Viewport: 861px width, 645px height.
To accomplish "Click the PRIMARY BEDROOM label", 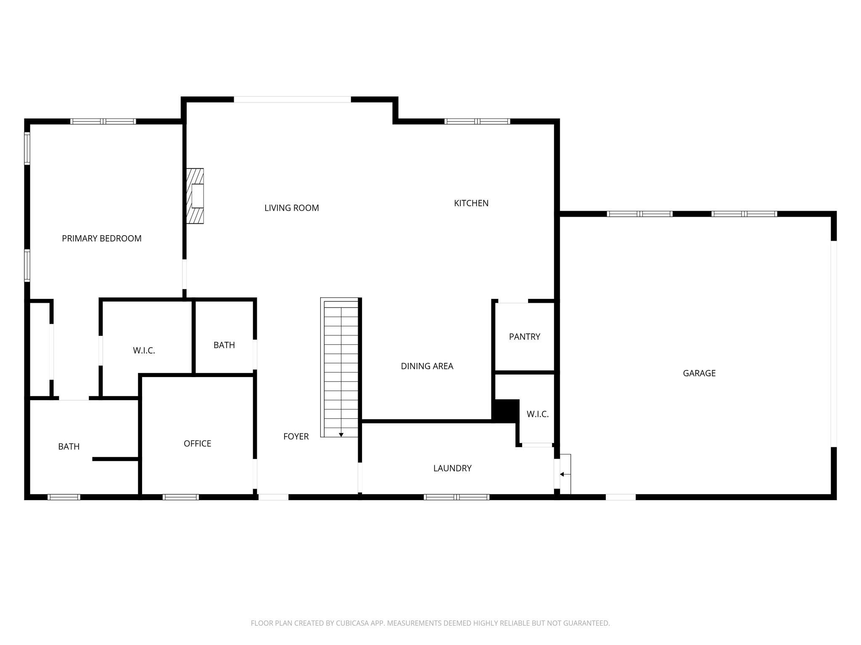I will [102, 239].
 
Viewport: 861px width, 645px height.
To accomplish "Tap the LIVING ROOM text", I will [291, 208].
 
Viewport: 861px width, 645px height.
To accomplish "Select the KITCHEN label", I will [471, 203].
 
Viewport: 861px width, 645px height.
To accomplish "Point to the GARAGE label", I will [699, 373].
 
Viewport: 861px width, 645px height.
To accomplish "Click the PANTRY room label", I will [524, 336].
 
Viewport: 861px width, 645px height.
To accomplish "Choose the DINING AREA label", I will [427, 366].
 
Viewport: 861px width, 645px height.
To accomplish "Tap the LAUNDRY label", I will [452, 468].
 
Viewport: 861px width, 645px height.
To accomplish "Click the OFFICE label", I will [197, 443].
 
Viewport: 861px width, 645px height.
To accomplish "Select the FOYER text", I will [296, 436].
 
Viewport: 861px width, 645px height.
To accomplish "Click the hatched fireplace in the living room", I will [195, 196].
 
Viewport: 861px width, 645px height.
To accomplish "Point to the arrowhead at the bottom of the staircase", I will [341, 435].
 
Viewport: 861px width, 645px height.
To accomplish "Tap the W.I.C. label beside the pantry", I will [537, 414].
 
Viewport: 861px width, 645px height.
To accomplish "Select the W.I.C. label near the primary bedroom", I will [144, 350].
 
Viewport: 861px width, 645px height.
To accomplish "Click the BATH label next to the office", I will [69, 446].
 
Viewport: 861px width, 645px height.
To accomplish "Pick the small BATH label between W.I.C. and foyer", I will [224, 345].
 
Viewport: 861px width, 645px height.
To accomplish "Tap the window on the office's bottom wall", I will [181, 497].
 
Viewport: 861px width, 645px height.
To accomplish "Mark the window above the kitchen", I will [477, 122].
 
